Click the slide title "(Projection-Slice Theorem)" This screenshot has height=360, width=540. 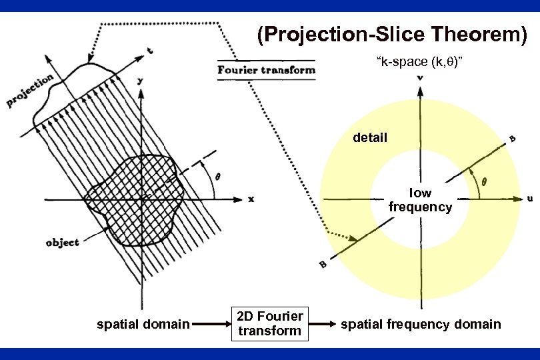pos(392,35)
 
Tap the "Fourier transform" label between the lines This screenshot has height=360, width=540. pos(267,70)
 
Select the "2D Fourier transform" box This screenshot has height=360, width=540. pos(271,324)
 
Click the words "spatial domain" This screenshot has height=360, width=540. pos(143,325)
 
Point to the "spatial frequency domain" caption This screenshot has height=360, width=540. pos(421,325)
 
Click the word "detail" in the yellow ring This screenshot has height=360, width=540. pos(370,138)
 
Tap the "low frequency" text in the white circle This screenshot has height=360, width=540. pos(420,200)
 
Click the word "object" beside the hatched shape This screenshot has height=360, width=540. pos(62,242)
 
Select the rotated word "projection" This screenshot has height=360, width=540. pos(30,91)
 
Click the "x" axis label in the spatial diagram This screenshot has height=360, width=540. pos(251,199)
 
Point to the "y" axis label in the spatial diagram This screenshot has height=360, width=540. pos(140,80)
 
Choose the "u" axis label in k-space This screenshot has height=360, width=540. pos(529,198)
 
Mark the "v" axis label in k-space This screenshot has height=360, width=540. pos(420,79)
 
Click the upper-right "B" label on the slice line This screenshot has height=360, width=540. pos(512,139)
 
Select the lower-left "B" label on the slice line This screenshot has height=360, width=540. pos(323,265)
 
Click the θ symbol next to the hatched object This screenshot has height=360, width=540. pos(218,177)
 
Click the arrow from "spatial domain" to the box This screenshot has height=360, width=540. pos(210,325)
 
